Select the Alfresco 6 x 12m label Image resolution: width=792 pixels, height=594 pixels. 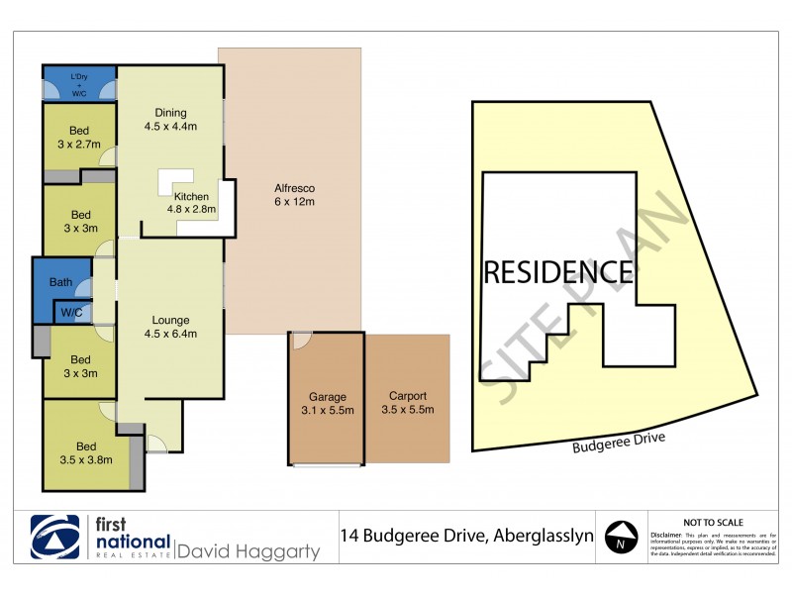[x=293, y=195]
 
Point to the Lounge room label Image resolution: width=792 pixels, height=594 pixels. [x=171, y=327]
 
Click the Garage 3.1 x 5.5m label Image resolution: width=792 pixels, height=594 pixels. [x=326, y=404]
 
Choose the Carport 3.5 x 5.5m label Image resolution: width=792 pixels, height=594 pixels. [x=407, y=404]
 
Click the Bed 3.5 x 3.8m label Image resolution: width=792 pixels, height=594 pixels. [x=86, y=452]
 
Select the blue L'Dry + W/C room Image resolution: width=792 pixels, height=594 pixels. [x=79, y=82]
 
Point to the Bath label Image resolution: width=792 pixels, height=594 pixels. [x=61, y=283]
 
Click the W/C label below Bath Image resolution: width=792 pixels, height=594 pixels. [x=70, y=313]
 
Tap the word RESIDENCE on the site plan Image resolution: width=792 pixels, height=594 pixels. [x=557, y=271]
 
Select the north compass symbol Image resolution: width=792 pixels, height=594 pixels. [x=620, y=537]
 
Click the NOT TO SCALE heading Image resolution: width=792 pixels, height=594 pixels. [x=713, y=522]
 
